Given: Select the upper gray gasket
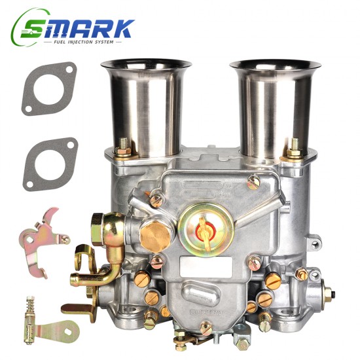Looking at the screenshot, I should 48,88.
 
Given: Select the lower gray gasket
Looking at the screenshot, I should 50,164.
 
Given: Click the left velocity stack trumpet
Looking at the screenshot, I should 146,105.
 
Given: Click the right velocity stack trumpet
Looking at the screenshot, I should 276,105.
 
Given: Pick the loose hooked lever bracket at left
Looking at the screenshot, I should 42,240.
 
